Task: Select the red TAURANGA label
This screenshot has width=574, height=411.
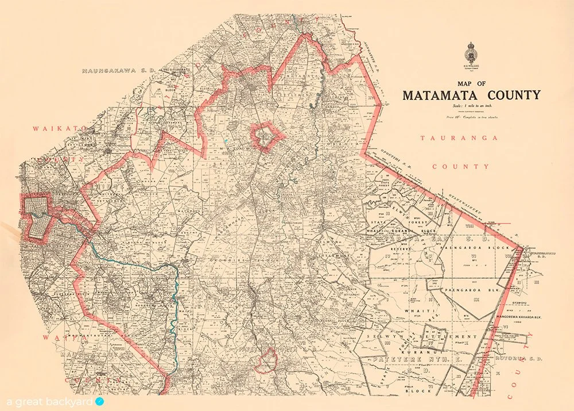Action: tap(461, 139)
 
